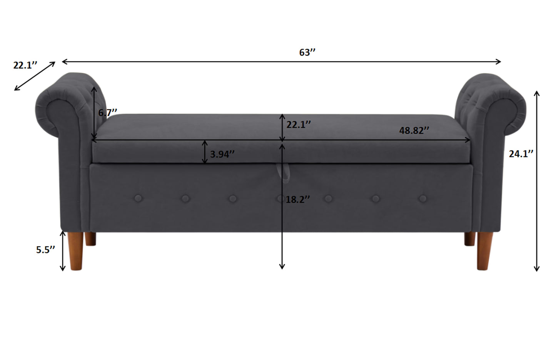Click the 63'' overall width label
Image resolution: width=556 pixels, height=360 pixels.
307,53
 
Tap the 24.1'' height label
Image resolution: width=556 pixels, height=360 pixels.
521,154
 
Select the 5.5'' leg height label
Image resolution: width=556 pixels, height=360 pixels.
45,250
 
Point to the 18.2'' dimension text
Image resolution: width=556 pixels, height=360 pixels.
298,199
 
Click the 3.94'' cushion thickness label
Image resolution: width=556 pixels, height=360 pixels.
222,154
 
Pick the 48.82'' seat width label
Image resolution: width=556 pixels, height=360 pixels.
414,130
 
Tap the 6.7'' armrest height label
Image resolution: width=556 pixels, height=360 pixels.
107,113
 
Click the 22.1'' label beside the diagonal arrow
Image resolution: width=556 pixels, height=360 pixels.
25,65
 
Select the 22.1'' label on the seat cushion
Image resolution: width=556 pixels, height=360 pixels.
299,125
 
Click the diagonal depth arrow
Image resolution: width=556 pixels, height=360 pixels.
35,76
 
